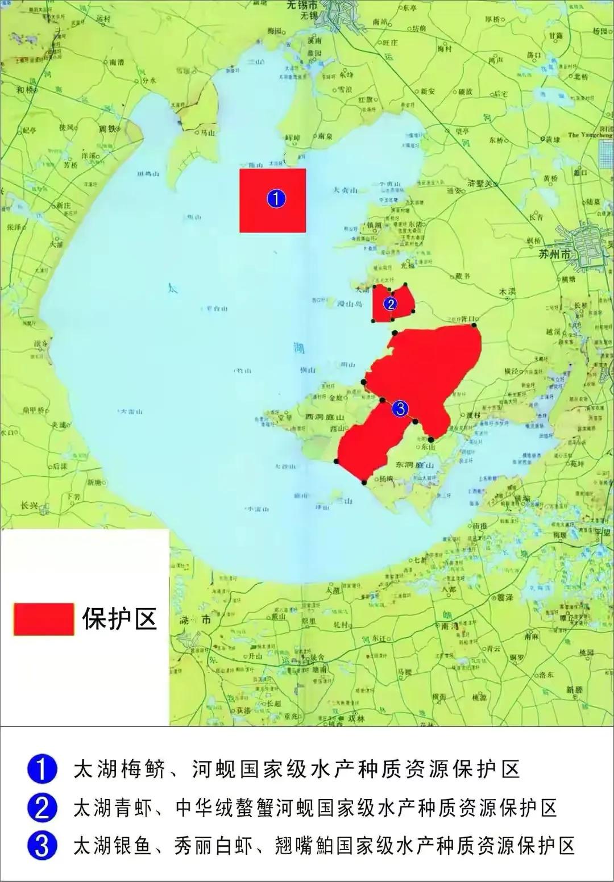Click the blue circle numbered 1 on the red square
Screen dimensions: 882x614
[x=276, y=199]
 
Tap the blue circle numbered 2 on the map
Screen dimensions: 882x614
[x=389, y=304]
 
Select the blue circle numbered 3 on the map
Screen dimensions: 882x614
[x=400, y=408]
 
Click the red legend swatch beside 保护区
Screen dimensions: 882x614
[x=44, y=619]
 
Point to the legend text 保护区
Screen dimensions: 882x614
[x=119, y=618]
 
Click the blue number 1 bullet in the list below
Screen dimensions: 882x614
[x=42, y=771]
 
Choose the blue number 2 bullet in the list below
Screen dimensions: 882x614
[x=42, y=808]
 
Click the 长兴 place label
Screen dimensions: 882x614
[x=28, y=505]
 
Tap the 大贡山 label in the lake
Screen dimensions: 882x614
[x=345, y=191]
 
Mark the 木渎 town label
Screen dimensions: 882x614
[x=507, y=292]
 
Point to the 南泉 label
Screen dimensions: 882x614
[x=325, y=136]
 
